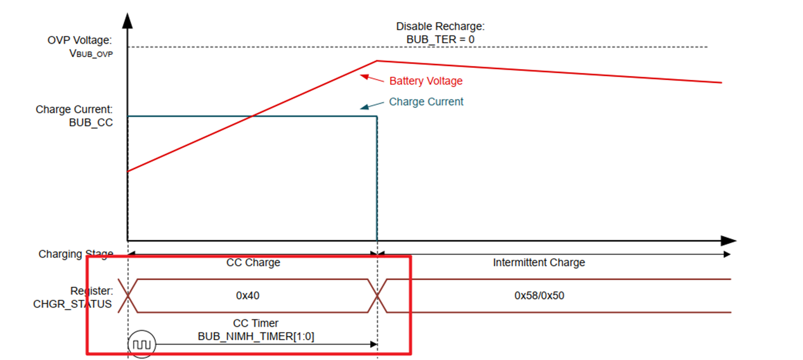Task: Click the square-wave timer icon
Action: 142,344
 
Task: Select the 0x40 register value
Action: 247,295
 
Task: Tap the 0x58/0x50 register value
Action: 539,295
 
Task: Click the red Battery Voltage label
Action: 426,81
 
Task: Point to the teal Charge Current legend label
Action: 426,101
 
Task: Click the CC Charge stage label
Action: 253,262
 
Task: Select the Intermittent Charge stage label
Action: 539,262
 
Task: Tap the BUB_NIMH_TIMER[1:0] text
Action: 256,336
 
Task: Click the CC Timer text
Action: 256,323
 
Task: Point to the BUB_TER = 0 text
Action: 440,39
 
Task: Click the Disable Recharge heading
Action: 440,26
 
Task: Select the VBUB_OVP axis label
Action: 91,54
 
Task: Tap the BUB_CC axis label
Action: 91,123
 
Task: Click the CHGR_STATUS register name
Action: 72,304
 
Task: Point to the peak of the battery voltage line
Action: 377,61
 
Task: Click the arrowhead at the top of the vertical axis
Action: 128,21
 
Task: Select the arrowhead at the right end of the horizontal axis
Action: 729,241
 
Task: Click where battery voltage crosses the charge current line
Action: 252,116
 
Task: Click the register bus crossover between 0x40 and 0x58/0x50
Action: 377,295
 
